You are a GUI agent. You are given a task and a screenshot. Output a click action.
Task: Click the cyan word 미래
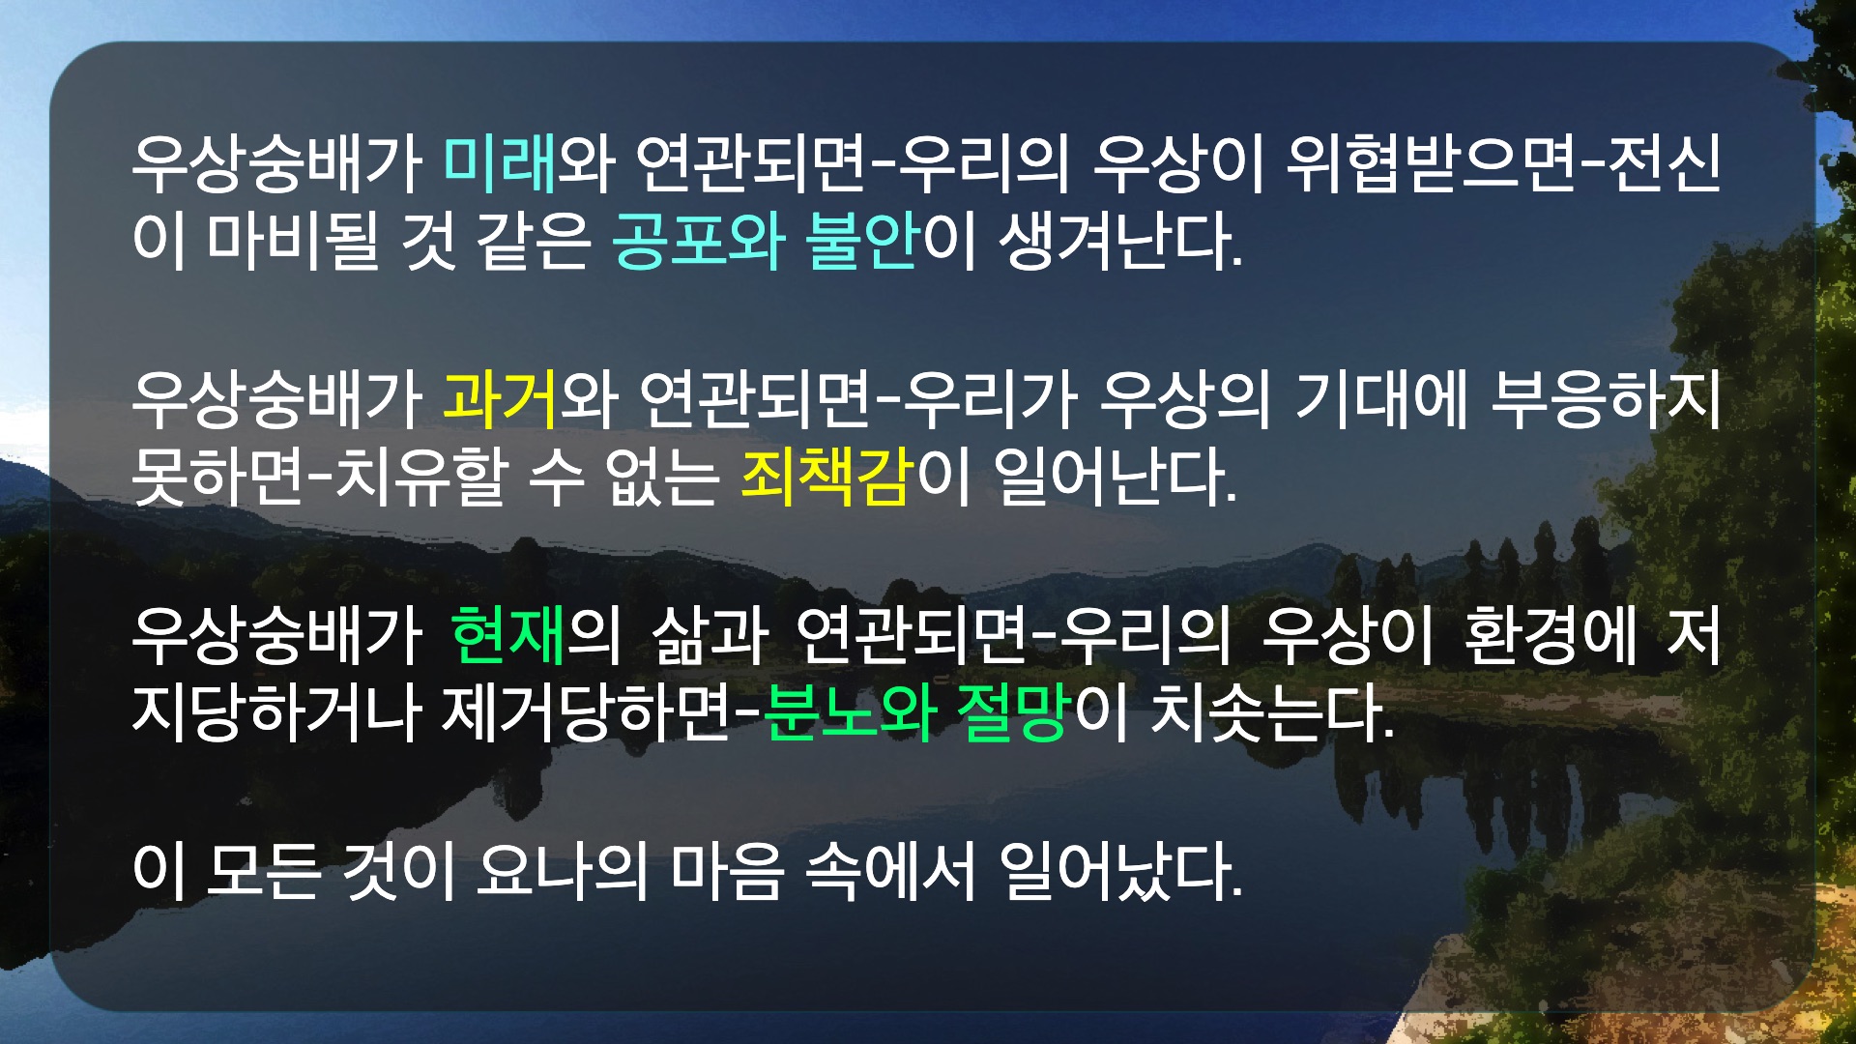[501, 162]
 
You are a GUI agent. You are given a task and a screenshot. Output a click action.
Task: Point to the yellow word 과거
[501, 398]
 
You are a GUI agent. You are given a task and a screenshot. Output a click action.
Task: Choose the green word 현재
[508, 635]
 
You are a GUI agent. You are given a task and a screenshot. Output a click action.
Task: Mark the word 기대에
[1381, 398]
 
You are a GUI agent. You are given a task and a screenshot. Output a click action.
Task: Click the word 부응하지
[1607, 398]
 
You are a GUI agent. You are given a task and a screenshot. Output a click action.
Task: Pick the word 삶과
[710, 635]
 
